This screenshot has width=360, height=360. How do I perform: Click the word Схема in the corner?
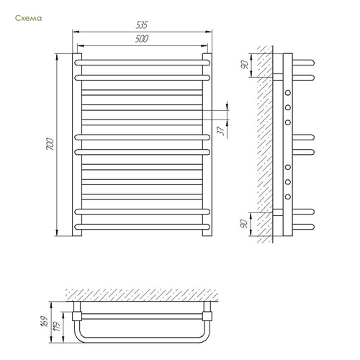click(28, 18)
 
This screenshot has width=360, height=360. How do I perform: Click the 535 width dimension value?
click(142, 25)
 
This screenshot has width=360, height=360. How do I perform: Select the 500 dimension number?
click(142, 39)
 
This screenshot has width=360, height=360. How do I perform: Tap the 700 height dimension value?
click(50, 144)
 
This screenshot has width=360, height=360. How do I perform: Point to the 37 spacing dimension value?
click(221, 131)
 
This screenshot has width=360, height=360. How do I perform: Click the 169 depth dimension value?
click(44, 321)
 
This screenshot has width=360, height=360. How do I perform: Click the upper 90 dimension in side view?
click(244, 65)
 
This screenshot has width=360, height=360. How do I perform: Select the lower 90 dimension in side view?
click(244, 224)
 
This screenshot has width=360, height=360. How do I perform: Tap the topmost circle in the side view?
click(288, 93)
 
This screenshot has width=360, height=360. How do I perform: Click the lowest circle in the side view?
click(288, 197)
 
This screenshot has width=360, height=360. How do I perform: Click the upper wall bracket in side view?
click(278, 77)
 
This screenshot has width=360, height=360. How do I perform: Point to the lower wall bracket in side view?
click(278, 212)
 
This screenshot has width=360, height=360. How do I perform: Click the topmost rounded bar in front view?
click(143, 63)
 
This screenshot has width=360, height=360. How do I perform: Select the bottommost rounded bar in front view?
click(143, 227)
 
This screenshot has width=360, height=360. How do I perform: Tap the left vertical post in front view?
click(77, 145)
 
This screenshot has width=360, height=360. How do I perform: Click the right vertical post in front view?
click(207, 145)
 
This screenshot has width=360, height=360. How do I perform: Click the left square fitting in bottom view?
click(77, 316)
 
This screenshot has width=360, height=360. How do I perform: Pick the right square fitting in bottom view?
click(207, 316)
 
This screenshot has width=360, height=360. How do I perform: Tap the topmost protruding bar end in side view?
click(303, 63)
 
